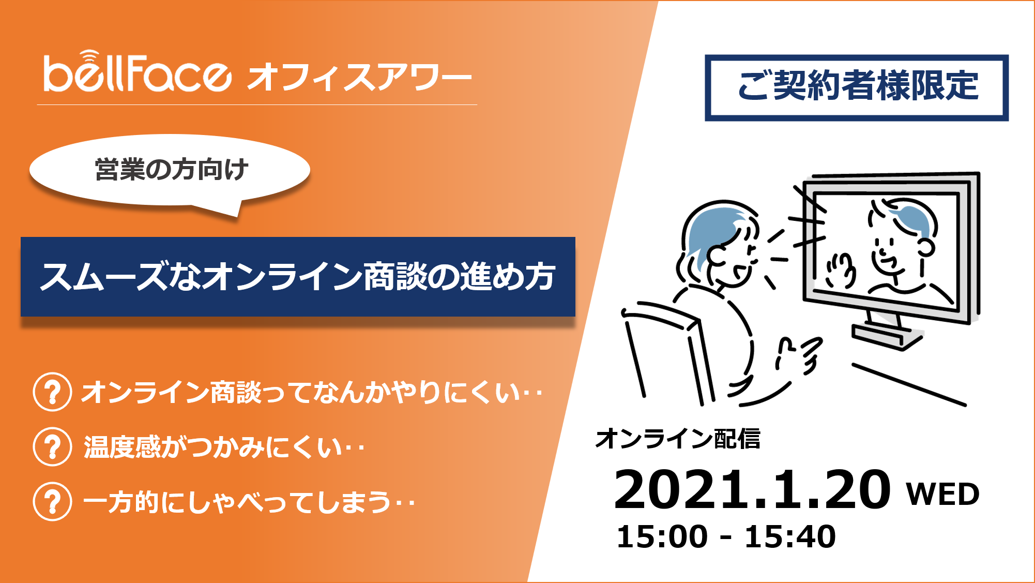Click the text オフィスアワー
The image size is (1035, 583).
(359, 77)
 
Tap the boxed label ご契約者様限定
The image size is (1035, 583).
(857, 87)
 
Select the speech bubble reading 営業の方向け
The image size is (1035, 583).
(171, 171)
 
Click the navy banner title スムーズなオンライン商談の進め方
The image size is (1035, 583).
(298, 276)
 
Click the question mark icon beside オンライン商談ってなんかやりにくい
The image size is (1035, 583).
(52, 392)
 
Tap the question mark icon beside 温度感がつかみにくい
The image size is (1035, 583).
(52, 446)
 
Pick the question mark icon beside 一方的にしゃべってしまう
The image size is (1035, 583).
(52, 501)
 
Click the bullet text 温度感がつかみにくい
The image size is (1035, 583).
(224, 447)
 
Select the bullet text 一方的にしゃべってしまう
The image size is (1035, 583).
(249, 502)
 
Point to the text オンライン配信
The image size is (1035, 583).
(678, 439)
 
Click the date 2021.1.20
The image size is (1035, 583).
(752, 489)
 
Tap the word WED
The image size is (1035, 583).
(943, 494)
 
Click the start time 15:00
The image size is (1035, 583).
(662, 536)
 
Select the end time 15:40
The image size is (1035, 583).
(790, 536)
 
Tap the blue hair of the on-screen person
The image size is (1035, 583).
(915, 217)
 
